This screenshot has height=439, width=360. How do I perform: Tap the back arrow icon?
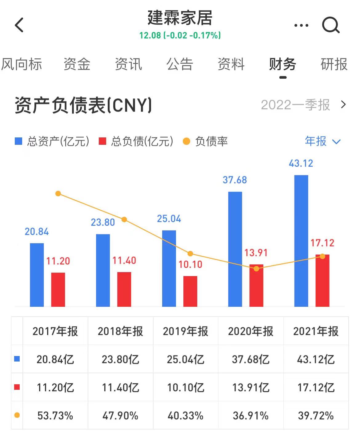coord(19,25)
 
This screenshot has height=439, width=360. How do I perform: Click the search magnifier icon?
coord(331,25)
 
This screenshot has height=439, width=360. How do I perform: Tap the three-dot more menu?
coord(301,26)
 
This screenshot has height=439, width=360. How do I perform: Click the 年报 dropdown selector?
coord(322,141)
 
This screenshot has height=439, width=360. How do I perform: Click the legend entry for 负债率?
coord(205,141)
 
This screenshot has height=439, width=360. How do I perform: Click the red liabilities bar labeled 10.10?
coord(190,291)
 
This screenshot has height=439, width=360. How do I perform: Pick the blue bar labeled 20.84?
coord(37,275)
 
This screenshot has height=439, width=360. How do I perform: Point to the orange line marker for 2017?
coord(58,194)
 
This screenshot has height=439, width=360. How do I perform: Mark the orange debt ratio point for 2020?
coord(256,269)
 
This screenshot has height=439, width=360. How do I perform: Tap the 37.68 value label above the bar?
coord(235,180)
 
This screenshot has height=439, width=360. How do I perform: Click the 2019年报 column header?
coord(186,331)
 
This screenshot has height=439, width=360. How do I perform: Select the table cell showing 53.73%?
coord(55,416)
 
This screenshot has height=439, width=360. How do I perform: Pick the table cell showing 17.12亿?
coord(316,387)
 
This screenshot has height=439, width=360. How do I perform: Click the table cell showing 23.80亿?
coord(120,359)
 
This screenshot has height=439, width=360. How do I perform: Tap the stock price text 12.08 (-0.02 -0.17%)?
coord(180,35)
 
